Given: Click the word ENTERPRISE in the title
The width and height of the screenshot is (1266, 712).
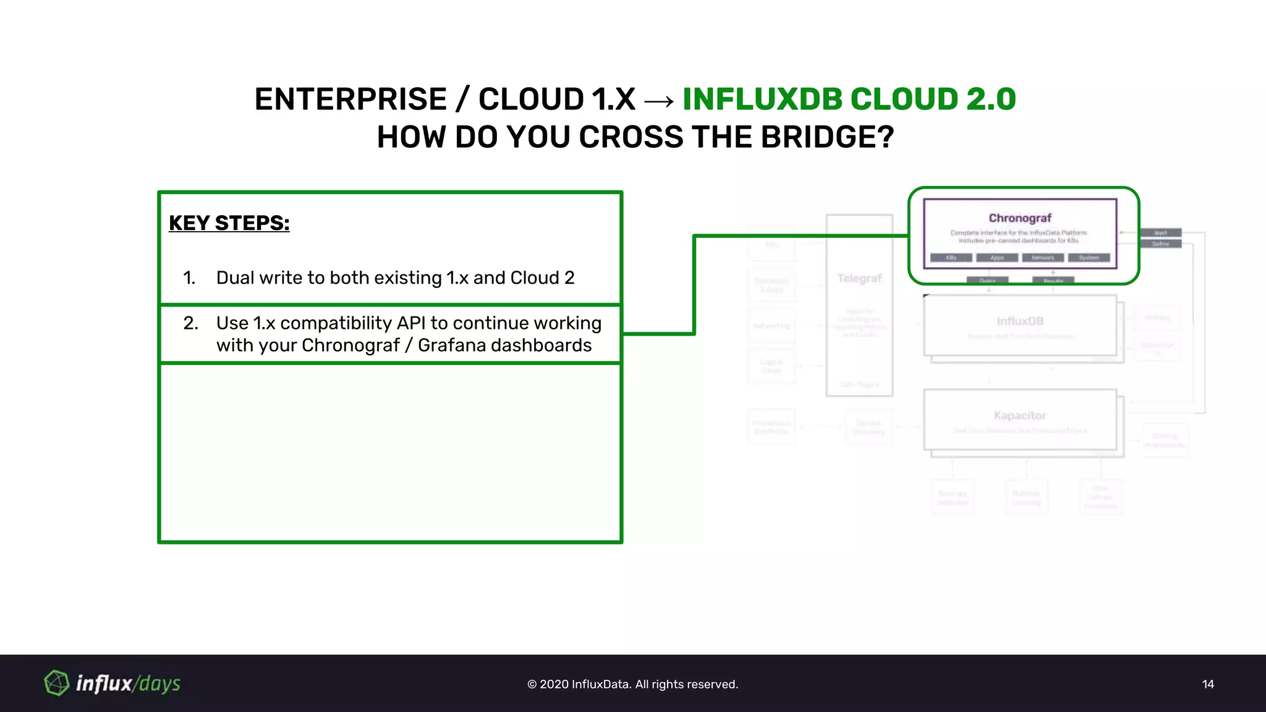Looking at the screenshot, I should coord(350,100).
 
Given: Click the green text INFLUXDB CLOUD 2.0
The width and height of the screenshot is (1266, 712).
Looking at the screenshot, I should coord(849,100).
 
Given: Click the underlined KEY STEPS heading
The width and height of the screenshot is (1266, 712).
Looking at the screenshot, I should coord(229,223).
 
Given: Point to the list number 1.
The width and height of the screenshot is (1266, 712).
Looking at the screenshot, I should coord(189,278).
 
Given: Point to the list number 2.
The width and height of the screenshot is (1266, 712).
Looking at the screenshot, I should coord(190,323).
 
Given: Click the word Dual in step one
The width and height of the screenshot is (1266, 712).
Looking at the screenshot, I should coord(235,278).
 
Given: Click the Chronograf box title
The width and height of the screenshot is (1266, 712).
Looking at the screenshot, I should coord(1020,218).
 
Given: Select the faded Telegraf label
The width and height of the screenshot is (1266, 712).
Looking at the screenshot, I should coord(859,279).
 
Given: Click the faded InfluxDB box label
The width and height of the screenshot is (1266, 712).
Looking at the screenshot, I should coord(1020,321).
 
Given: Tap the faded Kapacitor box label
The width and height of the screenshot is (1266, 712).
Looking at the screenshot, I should coord(1020,416).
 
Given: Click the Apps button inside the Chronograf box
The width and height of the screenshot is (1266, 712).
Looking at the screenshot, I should coord(997,258).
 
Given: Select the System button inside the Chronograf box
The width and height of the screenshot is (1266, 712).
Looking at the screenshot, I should coord(1089,258).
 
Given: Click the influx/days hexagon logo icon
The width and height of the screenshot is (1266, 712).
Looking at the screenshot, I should coord(57,683).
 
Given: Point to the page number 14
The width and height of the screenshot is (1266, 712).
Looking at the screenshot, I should coord(1208,684).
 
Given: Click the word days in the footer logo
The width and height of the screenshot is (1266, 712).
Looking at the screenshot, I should coord(159,684).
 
